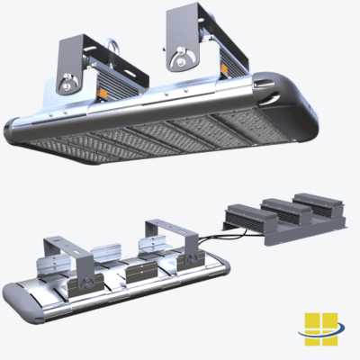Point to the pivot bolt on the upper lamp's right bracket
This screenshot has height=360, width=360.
[184, 61]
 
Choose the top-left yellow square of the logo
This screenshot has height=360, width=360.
[311, 320]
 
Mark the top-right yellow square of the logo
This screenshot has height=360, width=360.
[328, 319]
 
